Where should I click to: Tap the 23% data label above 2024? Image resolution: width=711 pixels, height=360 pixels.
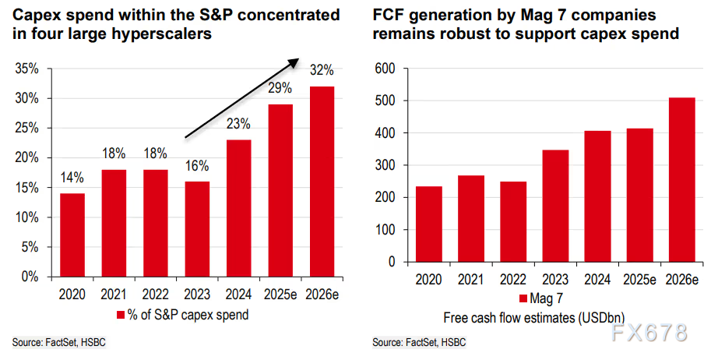(238, 124)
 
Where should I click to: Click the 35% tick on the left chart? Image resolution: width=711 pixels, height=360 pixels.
(28, 69)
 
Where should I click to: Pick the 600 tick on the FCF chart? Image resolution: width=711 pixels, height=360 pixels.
(386, 69)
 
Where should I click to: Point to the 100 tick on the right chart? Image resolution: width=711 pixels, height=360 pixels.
(386, 231)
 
